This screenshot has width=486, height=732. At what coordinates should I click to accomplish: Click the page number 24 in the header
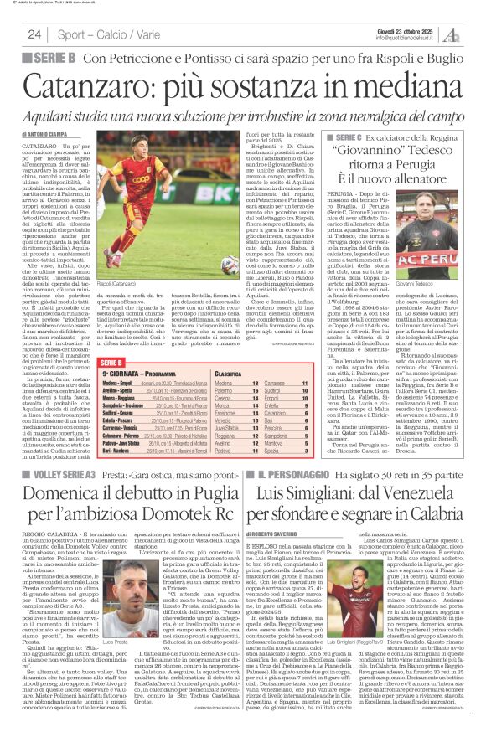[x=34, y=34]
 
